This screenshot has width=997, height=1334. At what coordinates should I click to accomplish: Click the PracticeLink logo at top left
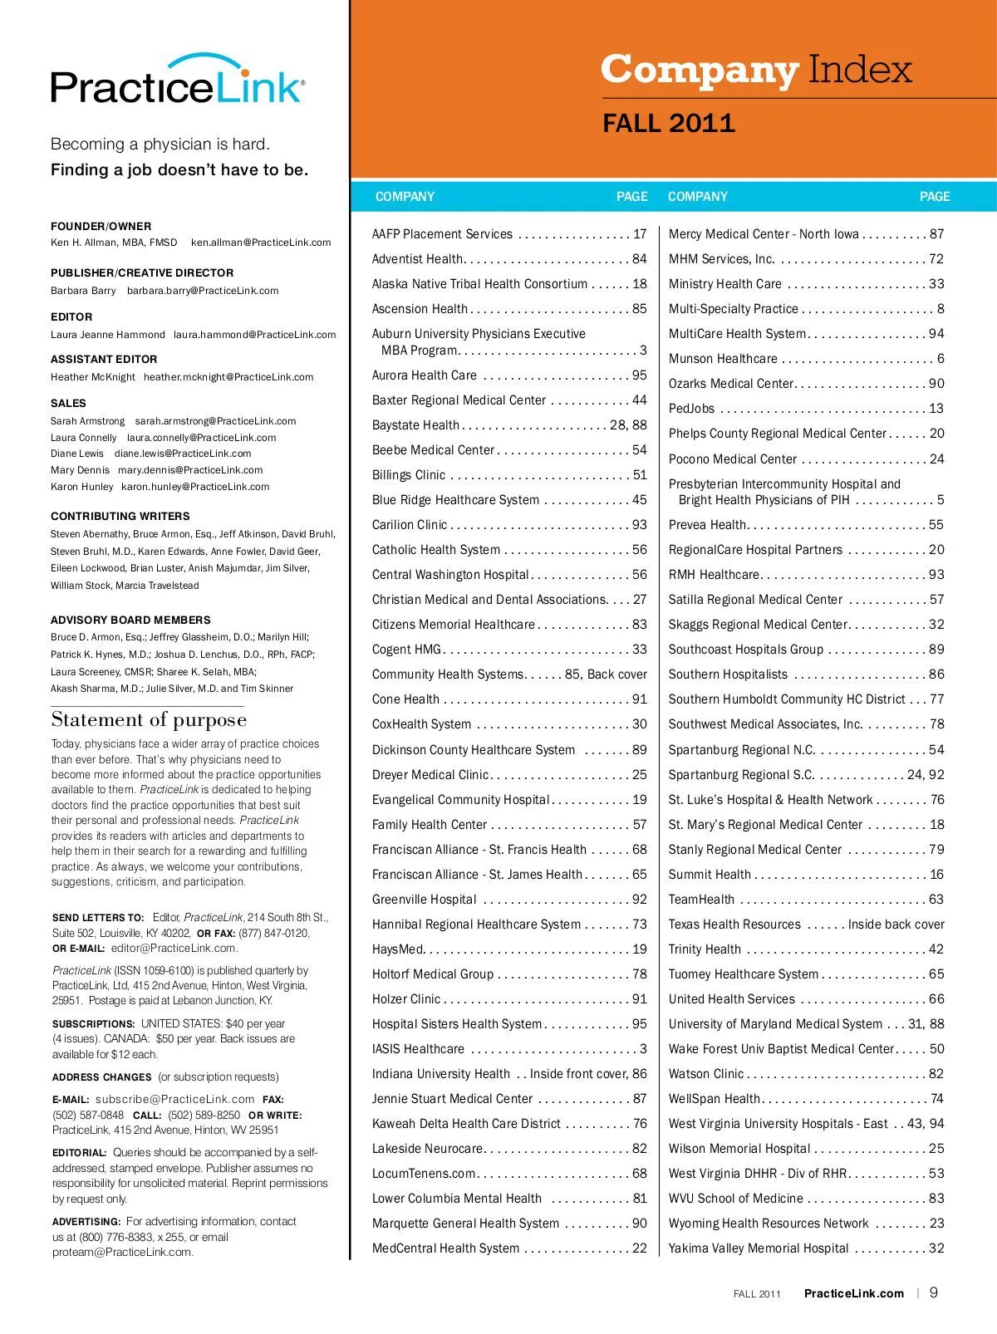pyautogui.click(x=177, y=81)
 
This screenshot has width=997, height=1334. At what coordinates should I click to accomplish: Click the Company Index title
pyautogui.click(x=756, y=70)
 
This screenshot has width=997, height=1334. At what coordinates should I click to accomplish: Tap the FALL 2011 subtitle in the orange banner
pyautogui.click(x=669, y=124)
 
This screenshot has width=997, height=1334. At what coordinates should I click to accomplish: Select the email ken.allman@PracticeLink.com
pyautogui.click(x=261, y=243)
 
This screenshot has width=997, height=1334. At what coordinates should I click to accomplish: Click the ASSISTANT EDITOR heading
pyautogui.click(x=104, y=359)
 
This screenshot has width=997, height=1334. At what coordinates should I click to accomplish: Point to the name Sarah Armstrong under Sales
pyautogui.click(x=87, y=421)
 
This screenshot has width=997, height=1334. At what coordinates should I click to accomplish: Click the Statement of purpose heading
pyautogui.click(x=149, y=719)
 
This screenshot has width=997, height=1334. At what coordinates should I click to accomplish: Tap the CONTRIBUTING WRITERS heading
pyautogui.click(x=120, y=516)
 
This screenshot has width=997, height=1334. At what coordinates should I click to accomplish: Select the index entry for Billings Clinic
pyautogui.click(x=409, y=475)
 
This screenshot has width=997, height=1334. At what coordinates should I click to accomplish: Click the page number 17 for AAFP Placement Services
pyautogui.click(x=639, y=234)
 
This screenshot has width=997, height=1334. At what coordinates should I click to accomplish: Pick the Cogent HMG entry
pyautogui.click(x=407, y=650)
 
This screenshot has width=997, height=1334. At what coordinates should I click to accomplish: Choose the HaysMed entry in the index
pyautogui.click(x=398, y=949)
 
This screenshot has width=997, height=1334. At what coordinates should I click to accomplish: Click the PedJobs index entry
pyautogui.click(x=691, y=409)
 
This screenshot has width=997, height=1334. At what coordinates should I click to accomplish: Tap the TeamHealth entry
pyautogui.click(x=701, y=900)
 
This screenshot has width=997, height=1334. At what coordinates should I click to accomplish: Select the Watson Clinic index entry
pyautogui.click(x=705, y=1074)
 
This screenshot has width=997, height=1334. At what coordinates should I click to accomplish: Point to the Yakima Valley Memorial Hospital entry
pyautogui.click(x=759, y=1248)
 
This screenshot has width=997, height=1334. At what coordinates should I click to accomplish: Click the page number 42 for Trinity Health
pyautogui.click(x=936, y=949)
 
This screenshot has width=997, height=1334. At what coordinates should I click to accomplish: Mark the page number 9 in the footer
pyautogui.click(x=934, y=1292)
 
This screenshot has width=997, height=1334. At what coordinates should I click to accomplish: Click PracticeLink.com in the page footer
pyautogui.click(x=853, y=1293)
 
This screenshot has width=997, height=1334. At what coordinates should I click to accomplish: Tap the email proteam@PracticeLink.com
pyautogui.click(x=122, y=1253)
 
